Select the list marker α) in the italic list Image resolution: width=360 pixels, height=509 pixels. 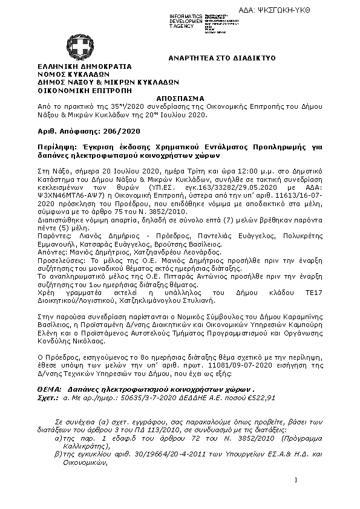[x=58, y=435]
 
